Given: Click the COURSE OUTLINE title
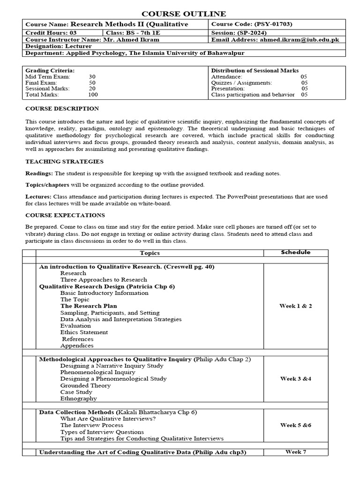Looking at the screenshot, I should (x=180, y=14).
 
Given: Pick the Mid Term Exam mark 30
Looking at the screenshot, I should (x=92, y=76).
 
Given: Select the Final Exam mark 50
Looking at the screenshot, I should (x=92, y=82).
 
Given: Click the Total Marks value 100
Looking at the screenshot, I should (x=93, y=95).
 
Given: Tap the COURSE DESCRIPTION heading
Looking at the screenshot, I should (x=62, y=109).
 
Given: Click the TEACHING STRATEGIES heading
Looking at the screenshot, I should (x=64, y=162).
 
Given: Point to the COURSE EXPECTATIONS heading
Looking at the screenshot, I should (x=65, y=215).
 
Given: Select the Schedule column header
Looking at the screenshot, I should (x=295, y=252).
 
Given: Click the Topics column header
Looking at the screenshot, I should (x=150, y=253).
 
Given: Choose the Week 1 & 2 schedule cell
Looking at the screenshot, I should (x=295, y=306).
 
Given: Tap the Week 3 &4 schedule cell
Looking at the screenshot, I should (x=295, y=379).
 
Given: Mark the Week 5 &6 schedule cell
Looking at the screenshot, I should (x=295, y=425).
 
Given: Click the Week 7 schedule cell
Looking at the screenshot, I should (x=295, y=452).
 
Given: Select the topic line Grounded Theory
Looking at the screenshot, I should (x=85, y=385).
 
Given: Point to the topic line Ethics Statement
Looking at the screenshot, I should (x=84, y=332).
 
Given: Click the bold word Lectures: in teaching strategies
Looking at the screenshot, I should (x=38, y=196).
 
